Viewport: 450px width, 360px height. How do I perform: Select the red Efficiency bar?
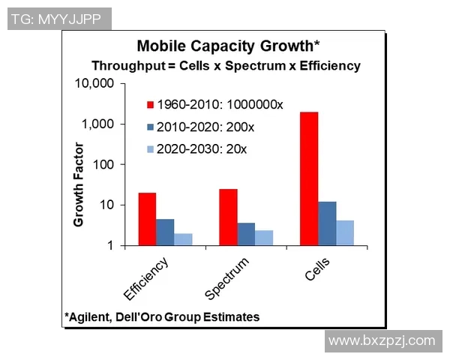148,218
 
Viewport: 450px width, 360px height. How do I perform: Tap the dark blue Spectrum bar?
246,233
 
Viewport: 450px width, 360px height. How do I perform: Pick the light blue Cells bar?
344,232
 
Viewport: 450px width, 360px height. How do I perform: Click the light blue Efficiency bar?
184,239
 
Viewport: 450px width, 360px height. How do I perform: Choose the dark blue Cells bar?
327,223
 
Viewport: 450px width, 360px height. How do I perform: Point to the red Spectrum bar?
228,217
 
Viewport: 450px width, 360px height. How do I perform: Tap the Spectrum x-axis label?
227,279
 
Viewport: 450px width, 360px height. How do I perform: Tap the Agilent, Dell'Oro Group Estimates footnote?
162,316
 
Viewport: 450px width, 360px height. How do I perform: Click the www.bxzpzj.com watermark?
382,340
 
